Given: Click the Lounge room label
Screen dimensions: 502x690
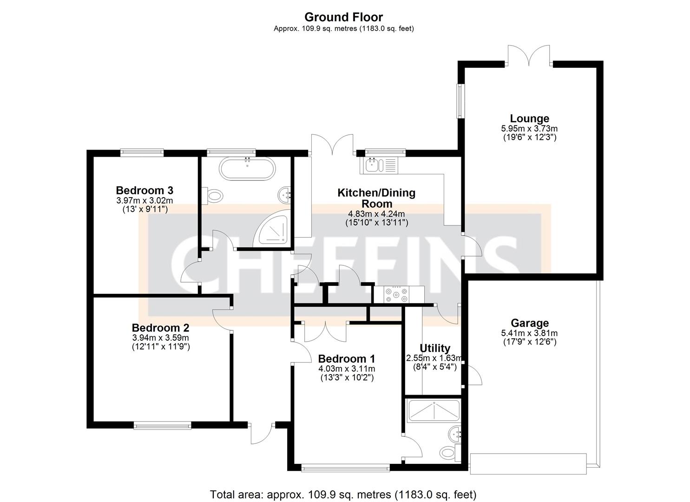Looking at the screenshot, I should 529,119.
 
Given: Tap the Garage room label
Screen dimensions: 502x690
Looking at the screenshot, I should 529,323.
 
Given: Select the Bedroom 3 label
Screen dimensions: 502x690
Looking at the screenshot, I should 145,190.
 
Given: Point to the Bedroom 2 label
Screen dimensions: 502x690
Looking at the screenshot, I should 160,328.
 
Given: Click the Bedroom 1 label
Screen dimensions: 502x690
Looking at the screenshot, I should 346,359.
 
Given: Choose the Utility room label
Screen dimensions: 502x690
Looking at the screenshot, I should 435,348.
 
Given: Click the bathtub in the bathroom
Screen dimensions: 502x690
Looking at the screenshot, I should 247,169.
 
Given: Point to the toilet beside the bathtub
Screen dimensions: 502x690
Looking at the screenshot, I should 214,196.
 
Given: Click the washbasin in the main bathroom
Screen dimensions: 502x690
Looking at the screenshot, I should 284,194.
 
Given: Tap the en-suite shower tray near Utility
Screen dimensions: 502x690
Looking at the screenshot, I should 433,410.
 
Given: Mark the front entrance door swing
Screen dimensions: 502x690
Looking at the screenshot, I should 261,434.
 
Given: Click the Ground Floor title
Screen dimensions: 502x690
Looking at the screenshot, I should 343,17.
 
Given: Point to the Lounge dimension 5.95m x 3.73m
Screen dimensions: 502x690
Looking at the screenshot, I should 529,129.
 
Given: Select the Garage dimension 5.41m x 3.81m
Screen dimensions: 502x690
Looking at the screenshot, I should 529,333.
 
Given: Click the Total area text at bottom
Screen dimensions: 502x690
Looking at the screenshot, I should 343,494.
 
